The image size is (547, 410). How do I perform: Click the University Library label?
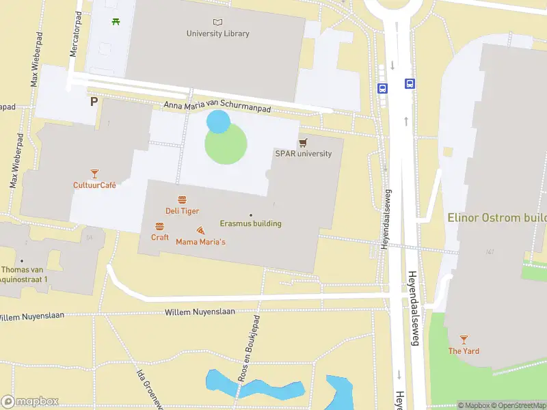tap(218, 33)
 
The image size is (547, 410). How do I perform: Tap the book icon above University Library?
tap(218, 22)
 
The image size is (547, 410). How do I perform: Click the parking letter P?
tap(94, 102)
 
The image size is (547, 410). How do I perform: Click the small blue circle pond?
tap(218, 122)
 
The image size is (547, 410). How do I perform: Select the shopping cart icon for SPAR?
tap(303, 142)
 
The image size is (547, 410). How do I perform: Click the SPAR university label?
tap(304, 154)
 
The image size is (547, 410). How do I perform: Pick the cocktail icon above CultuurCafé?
tap(94, 174)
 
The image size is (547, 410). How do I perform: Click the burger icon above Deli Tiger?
tap(182, 200)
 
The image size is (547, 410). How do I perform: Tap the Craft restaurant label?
tap(160, 237)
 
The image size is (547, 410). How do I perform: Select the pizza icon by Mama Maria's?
tap(200, 230)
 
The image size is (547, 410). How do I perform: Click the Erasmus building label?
tap(250, 223)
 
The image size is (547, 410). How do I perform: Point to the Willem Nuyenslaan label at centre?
tap(200, 312)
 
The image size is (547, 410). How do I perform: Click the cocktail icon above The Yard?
tap(464, 339)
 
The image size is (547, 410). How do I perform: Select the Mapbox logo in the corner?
tap(30, 402)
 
